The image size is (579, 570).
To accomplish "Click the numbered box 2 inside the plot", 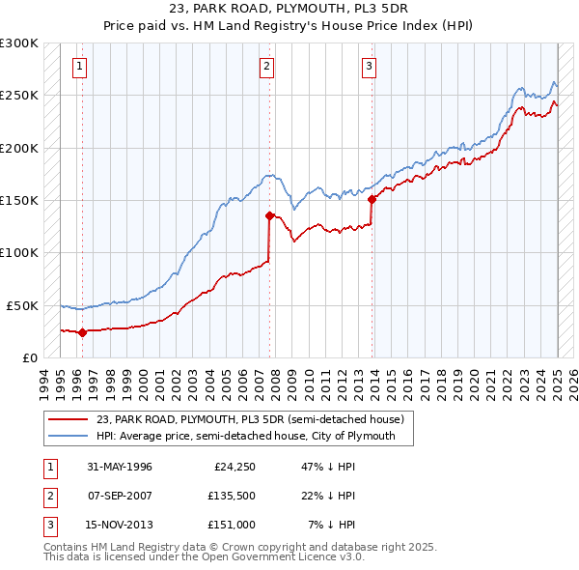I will pos(266,67).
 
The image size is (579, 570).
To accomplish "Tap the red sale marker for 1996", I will pos(82,332).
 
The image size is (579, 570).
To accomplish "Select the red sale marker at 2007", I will pos(269,215).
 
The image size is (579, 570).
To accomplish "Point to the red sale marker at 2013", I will pos(372,200).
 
